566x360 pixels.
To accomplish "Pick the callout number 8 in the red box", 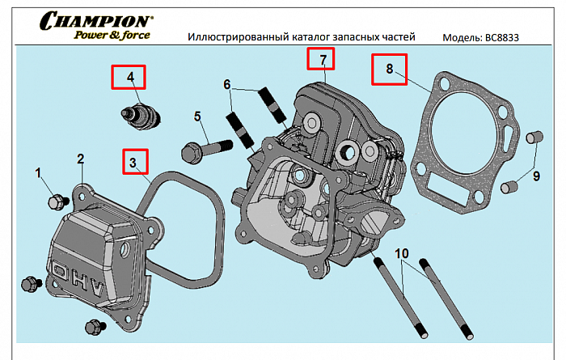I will tap(389, 70).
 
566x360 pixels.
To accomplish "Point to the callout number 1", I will tap(37, 172).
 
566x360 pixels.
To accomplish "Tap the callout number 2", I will tap(80, 159).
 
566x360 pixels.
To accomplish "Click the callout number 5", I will tap(196, 116).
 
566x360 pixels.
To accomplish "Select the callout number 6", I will tap(227, 84).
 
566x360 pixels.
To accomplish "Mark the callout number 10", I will tap(401, 254).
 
